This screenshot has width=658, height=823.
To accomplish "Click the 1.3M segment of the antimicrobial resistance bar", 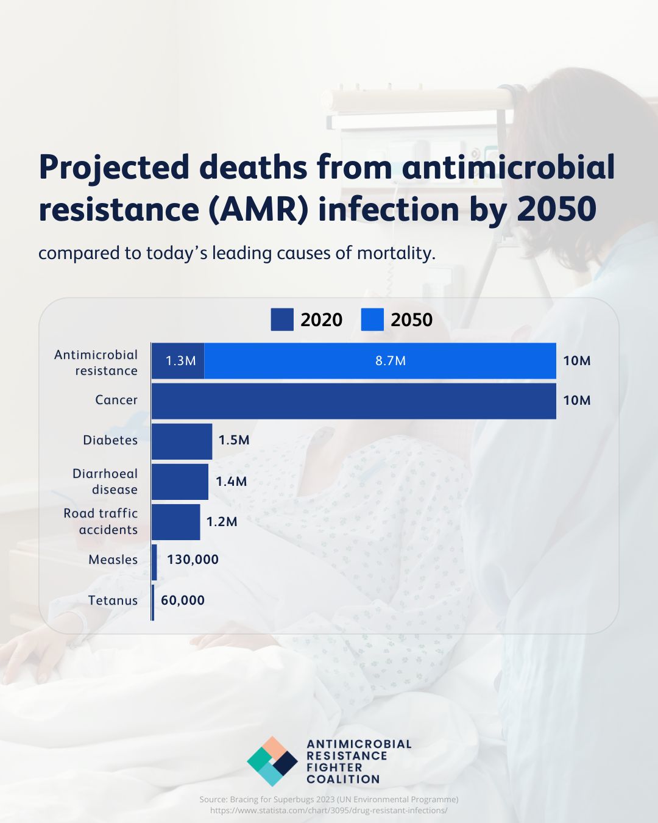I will tap(178, 361).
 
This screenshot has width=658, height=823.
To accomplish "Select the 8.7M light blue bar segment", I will tap(380, 361).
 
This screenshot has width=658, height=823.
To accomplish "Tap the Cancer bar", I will tap(353, 401).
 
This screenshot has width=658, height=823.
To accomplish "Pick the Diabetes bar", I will tap(182, 441).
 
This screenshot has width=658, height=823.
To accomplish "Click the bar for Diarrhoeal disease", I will tap(180, 482).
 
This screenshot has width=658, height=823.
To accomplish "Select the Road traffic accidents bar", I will tap(175, 522).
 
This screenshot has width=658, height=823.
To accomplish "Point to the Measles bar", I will tap(155, 562).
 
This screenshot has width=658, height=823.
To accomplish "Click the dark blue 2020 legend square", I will tap(282, 319).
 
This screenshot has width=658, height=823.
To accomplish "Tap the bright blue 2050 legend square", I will tap(372, 319).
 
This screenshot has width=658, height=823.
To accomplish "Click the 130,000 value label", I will tap(193, 560).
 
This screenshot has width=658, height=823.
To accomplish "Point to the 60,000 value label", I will tap(183, 600).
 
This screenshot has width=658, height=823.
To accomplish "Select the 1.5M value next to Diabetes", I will tap(234, 440).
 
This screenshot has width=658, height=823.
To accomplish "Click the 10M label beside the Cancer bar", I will tap(576, 401).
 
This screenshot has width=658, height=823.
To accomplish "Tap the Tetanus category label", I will tap(113, 600).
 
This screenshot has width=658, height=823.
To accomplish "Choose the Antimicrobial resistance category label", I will tap(96, 363).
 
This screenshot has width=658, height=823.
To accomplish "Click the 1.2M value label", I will tap(222, 522).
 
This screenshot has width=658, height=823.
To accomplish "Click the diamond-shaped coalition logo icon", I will tap(272, 761).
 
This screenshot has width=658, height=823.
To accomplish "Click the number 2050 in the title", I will tap(556, 209).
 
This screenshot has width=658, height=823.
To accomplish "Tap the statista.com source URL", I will tap(329, 810).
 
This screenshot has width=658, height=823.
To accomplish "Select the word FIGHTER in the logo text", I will tap(334, 768).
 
